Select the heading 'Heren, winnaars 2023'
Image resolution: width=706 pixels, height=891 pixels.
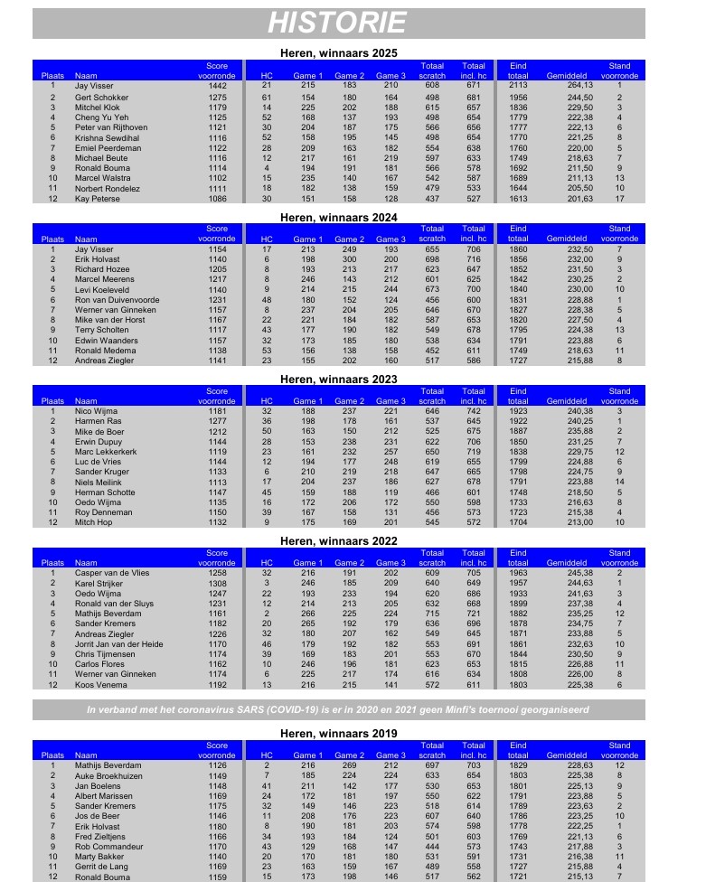point(338,379)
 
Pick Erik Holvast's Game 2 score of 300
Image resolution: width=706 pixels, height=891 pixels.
point(350,259)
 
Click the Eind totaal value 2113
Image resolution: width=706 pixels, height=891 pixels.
point(518,85)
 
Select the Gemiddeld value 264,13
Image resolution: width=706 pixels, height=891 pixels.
point(567,85)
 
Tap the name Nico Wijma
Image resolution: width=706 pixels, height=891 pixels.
point(93,411)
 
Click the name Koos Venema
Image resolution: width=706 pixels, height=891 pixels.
point(97,684)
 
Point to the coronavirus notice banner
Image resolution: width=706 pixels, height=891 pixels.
point(338,709)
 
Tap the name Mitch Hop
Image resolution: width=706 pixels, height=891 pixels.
point(91,522)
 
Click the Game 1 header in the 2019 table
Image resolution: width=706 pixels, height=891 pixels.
point(307,755)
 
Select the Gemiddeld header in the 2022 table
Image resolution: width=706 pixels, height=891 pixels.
point(567,562)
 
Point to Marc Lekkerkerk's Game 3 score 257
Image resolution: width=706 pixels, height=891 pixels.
point(391,452)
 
